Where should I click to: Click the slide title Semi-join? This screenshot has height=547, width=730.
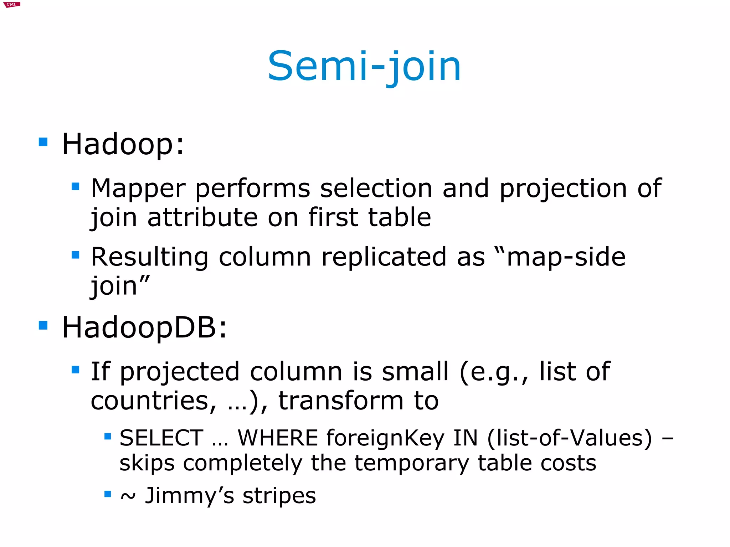tap(364, 67)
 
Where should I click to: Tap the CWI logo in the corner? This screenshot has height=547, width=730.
tap(12, 5)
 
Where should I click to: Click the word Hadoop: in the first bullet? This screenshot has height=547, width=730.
tap(123, 144)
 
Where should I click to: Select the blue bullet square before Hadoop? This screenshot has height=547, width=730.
tap(43, 142)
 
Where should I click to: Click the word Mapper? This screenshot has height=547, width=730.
tap(138, 189)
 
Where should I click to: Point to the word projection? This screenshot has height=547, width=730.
tap(563, 189)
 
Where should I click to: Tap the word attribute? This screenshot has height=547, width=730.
tap(202, 217)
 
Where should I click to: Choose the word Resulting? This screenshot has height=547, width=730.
tap(149, 257)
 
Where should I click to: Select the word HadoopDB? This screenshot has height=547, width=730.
tap(144, 327)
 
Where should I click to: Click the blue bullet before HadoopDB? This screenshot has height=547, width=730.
tap(43, 325)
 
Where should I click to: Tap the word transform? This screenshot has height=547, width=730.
tap(341, 401)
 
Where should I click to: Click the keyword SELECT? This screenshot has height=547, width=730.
tap(161, 438)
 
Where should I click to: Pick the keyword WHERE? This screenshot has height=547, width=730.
tap(278, 438)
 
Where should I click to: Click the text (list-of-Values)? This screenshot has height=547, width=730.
tap(569, 438)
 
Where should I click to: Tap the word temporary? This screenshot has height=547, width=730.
tap(411, 463)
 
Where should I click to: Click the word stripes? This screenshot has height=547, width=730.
tap(279, 495)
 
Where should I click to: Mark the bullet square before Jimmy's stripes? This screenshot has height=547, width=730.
tap(108, 494)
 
